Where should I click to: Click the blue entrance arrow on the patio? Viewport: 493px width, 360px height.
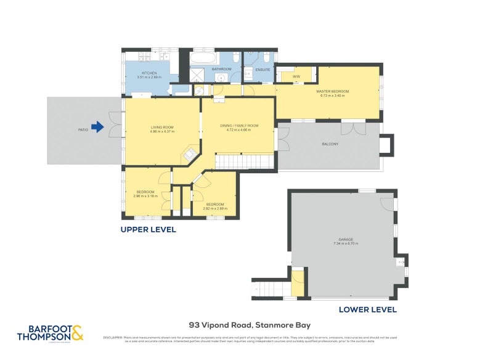pos(97,129)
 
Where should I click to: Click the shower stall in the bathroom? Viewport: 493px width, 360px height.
pos(198,75)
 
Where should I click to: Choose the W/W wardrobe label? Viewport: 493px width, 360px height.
pos(287,76)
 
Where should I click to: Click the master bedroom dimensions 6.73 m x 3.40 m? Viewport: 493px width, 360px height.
pos(335,96)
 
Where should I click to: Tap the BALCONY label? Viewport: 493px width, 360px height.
pos(330,144)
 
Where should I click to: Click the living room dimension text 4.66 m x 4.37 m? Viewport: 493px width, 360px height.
pos(163,131)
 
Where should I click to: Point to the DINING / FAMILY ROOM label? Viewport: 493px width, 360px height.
pos(239,126)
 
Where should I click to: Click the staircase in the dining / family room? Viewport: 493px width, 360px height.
pos(243,162)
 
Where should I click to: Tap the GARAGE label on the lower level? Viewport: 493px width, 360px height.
pos(345,239)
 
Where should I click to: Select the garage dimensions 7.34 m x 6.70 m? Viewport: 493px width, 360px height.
pos(345,244)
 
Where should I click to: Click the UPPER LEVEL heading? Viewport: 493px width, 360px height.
pos(148,229)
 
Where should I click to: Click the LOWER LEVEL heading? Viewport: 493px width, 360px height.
pos(368,310)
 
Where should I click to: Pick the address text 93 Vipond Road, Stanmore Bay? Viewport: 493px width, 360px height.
pos(250,325)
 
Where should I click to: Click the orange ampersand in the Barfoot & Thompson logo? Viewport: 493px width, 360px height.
pos(76,334)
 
